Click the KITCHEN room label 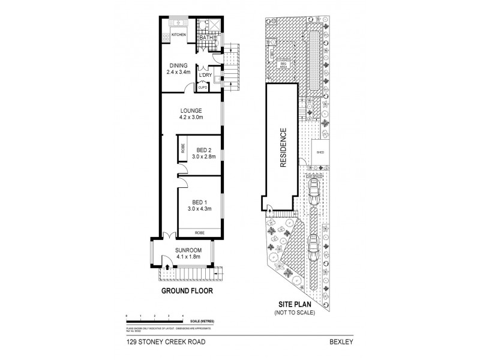[179, 35]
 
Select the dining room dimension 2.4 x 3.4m [178, 72]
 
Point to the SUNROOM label [188, 250]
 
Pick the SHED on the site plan [320, 152]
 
